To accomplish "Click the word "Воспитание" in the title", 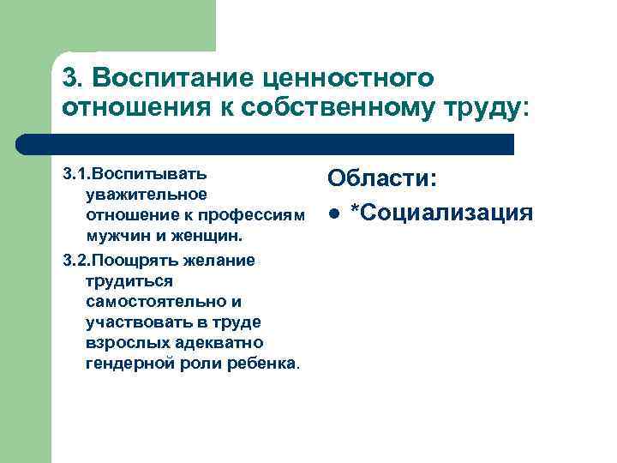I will [x=176, y=79].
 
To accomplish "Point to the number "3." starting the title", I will [x=73, y=79].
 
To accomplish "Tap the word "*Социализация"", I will [x=442, y=211].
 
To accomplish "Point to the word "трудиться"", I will [x=129, y=281].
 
